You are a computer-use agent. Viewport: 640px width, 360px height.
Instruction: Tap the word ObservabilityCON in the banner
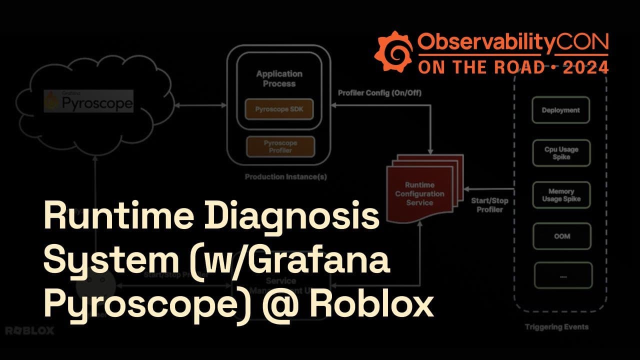[x=513, y=44]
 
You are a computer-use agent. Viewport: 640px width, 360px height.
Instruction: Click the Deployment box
[x=561, y=110]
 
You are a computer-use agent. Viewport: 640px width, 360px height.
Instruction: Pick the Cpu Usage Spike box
[x=561, y=153]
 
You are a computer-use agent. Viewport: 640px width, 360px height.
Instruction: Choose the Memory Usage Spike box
[x=561, y=195]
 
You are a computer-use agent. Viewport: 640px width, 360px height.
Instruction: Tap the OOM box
[x=562, y=236]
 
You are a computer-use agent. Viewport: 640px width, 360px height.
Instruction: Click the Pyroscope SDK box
[x=279, y=109]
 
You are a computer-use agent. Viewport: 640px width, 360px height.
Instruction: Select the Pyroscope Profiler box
[x=280, y=146]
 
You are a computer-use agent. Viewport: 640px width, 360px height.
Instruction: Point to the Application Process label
[x=279, y=78]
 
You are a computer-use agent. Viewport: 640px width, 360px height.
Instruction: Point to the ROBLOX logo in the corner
[x=29, y=330]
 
